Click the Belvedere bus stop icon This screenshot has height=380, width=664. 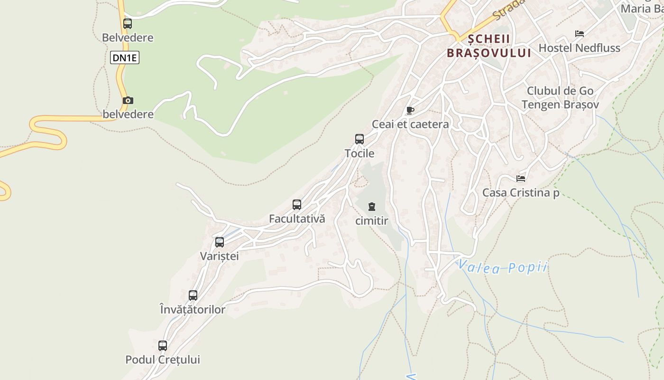128,23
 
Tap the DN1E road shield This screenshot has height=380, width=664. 125,58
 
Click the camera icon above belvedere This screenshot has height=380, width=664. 128,101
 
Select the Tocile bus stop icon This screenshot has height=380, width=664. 360,139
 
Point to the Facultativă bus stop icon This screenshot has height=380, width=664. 297,205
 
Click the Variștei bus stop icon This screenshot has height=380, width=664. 220,242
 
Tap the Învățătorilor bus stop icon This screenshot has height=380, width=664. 193,295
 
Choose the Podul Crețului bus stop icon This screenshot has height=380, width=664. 163,346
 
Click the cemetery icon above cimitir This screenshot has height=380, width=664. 372,207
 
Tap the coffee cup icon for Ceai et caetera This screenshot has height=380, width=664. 410,111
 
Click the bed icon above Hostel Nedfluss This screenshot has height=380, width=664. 580,34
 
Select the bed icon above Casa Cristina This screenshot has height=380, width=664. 521,179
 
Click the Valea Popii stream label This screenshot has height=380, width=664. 503,268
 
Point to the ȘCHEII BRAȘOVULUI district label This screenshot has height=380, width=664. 489,46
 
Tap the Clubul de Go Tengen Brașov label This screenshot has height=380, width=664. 560,98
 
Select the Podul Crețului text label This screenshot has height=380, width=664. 163,360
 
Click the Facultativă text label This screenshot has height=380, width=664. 297,219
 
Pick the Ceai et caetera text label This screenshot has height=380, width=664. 410,124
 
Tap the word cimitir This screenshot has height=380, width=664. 372,221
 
